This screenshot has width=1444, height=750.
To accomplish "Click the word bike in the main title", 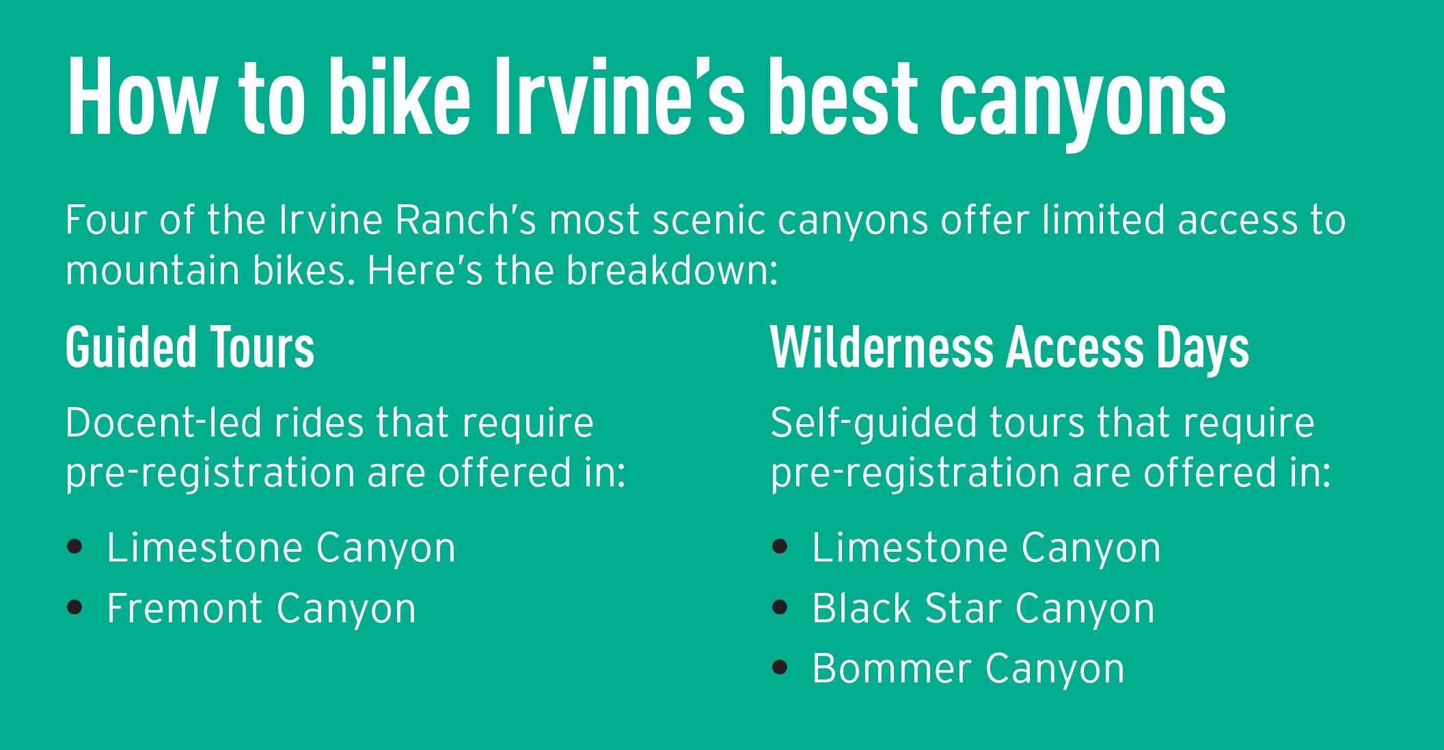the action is (400, 96).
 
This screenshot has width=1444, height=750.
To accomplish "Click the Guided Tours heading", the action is (190, 348).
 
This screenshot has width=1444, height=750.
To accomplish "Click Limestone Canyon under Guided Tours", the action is (282, 549).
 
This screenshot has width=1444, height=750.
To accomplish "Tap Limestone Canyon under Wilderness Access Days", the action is (987, 549).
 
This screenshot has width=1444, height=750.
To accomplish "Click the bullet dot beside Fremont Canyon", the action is (75, 607).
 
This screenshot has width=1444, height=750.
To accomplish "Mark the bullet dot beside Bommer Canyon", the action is (780, 667).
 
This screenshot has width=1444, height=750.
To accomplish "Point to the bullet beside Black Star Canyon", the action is (780, 607).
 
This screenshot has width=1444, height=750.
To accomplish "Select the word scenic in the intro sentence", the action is (709, 221).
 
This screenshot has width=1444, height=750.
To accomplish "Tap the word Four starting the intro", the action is (106, 221).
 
